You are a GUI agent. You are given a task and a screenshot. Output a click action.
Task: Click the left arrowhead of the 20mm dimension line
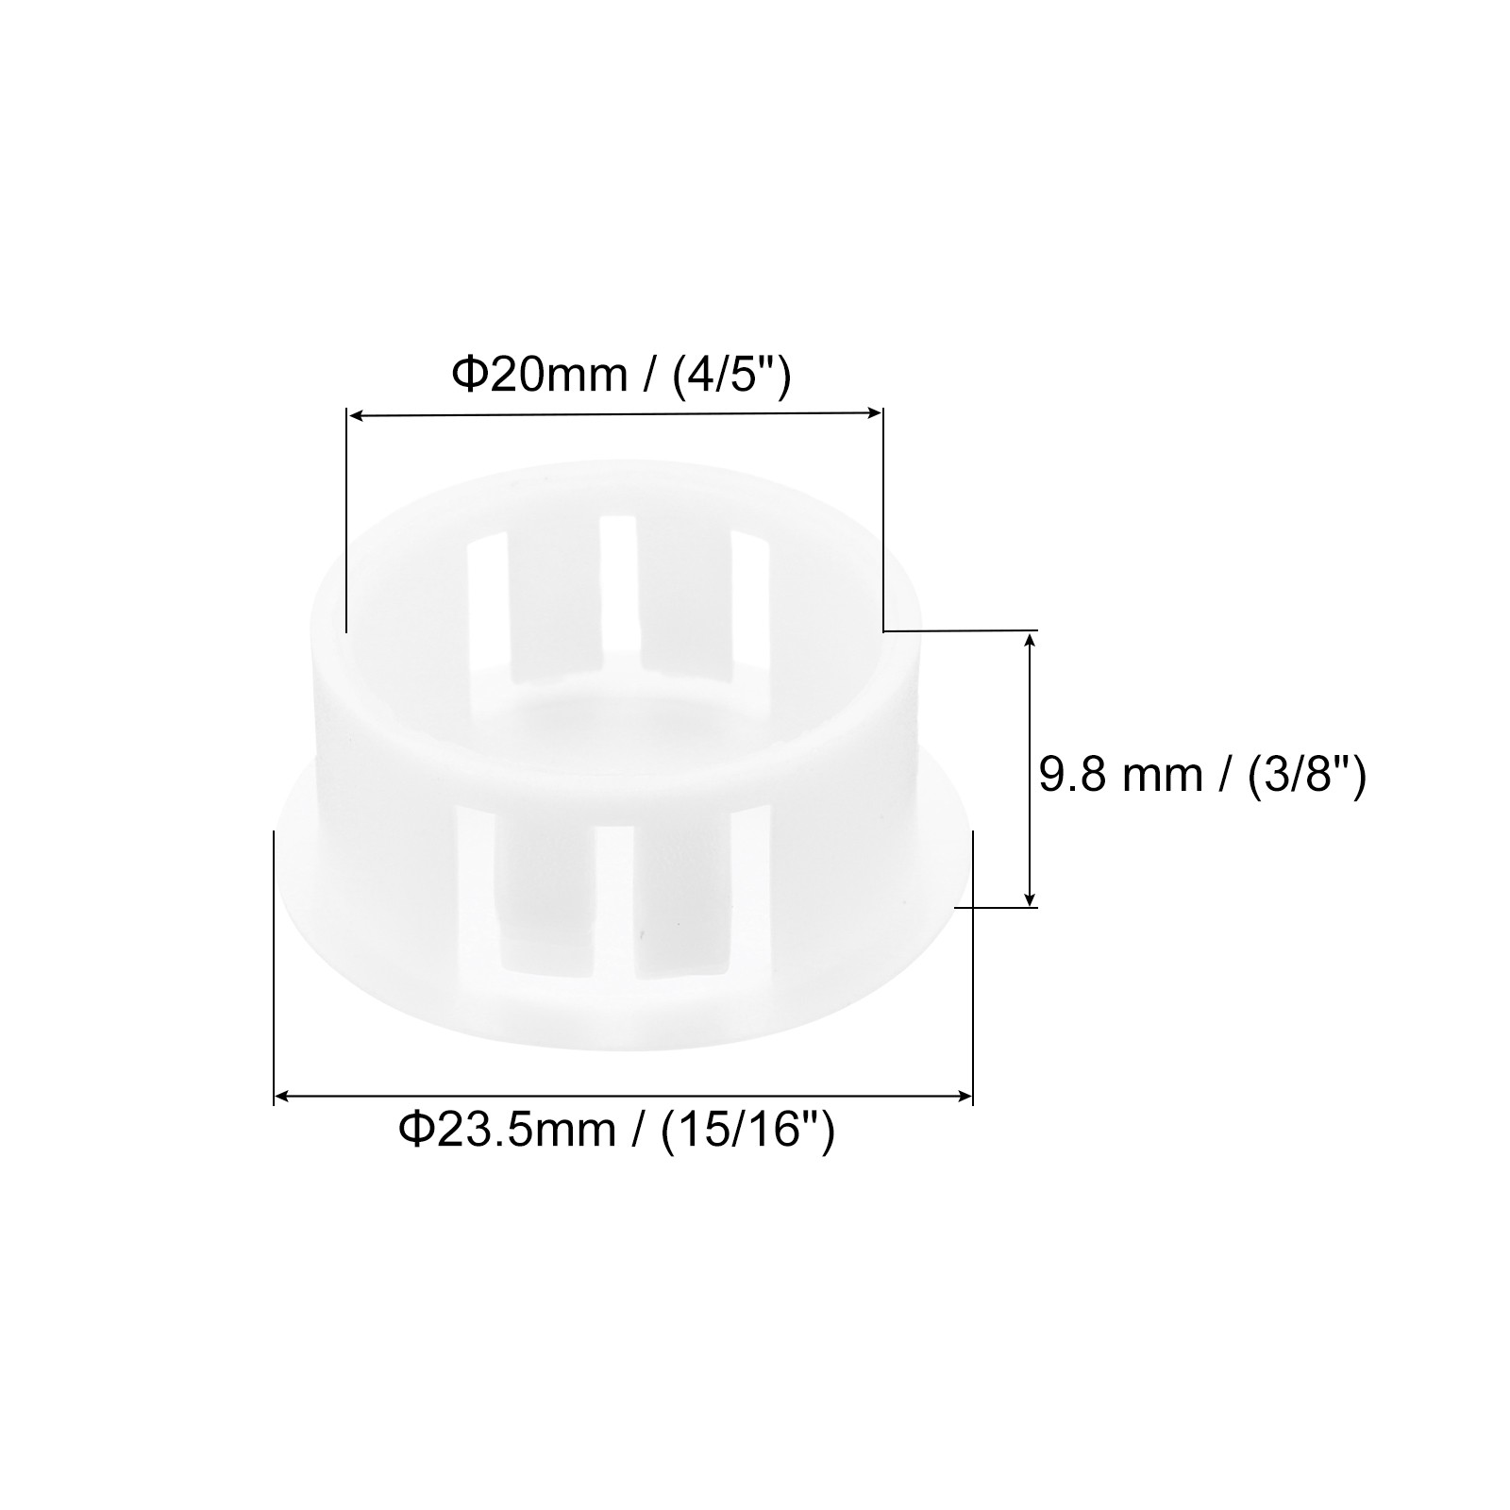[357, 414]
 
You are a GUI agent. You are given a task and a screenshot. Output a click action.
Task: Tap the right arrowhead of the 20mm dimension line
[873, 411]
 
